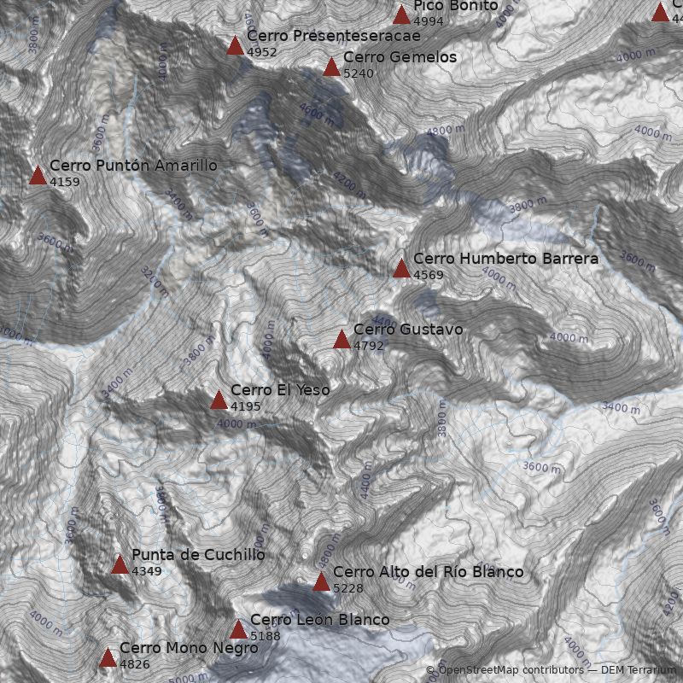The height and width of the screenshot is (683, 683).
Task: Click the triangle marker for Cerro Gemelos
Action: [331, 67]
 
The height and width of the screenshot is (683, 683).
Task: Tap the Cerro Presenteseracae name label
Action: [333, 36]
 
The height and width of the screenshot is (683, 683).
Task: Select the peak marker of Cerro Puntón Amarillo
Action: [38, 176]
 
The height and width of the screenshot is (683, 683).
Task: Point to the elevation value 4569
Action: [428, 275]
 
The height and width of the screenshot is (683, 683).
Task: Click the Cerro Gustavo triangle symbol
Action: [341, 340]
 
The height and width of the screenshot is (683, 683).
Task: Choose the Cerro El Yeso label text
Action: [280, 390]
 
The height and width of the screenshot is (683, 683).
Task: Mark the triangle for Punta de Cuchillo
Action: [120, 564]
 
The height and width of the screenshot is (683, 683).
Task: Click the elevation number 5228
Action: [347, 588]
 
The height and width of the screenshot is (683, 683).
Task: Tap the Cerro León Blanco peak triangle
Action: [238, 630]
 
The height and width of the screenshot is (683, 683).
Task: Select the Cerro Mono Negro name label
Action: [189, 648]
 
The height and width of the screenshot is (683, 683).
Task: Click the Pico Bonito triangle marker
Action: [401, 15]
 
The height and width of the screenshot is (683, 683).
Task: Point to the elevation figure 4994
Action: [428, 21]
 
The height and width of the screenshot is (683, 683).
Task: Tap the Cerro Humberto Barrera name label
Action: [505, 258]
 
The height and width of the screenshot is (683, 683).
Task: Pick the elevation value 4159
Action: [64, 182]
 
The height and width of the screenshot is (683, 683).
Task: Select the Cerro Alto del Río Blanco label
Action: [428, 571]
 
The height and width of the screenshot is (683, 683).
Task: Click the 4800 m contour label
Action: [446, 131]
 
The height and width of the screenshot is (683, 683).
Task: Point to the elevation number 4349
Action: [146, 571]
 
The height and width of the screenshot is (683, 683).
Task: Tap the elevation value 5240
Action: [358, 73]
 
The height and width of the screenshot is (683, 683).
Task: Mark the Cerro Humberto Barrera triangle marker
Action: [401, 269]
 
